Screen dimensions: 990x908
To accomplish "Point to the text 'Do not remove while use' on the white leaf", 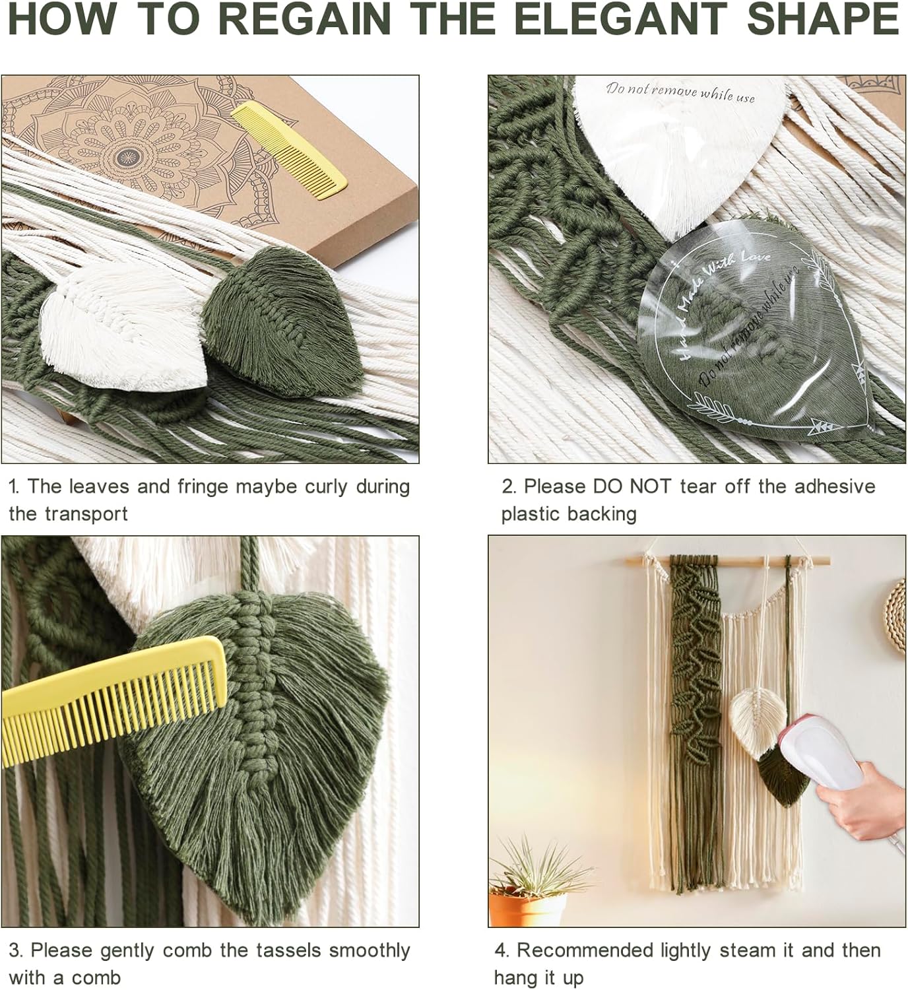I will coord(680,92).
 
